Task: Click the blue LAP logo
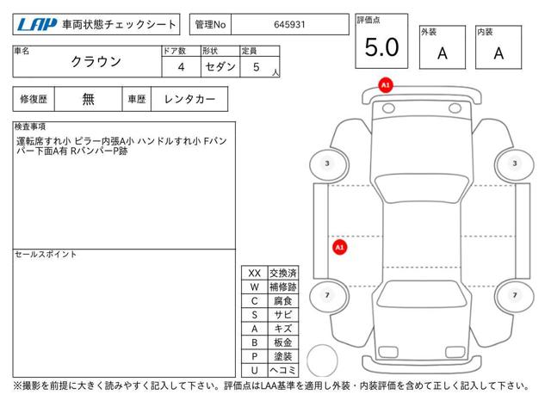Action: click(x=37, y=25)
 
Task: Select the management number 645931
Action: click(x=289, y=25)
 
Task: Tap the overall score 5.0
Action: click(x=381, y=47)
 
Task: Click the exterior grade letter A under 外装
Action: click(x=443, y=53)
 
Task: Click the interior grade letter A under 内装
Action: click(x=498, y=53)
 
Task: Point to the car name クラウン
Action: click(x=96, y=62)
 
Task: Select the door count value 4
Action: click(x=181, y=67)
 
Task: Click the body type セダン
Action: click(x=220, y=66)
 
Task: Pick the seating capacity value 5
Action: click(x=257, y=67)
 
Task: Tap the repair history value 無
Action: click(x=88, y=99)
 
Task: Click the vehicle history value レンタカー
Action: click(x=189, y=99)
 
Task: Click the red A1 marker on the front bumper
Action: click(x=386, y=85)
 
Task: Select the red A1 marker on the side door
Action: click(x=339, y=247)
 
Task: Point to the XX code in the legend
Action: click(x=255, y=274)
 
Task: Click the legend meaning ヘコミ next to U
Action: click(x=283, y=370)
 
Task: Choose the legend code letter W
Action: click(x=255, y=287)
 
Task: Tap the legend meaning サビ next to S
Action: click(x=283, y=315)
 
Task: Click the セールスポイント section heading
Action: click(x=46, y=255)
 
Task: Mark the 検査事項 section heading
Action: click(x=30, y=126)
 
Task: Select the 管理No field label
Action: click(x=210, y=25)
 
